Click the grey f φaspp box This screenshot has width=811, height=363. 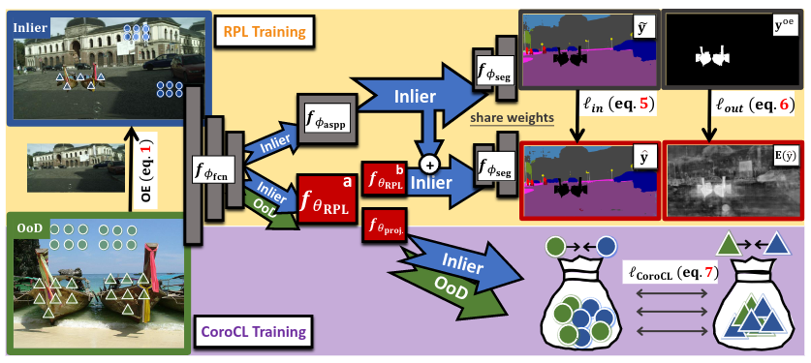click(x=324, y=121)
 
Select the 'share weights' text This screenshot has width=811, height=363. click(x=512, y=118)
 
